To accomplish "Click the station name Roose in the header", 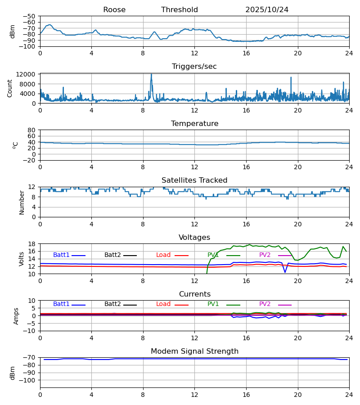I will coord(114,10).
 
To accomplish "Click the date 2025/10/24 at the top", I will coord(267,10).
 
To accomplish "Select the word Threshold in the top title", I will coord(180,10).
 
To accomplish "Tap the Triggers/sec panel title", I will coord(194,67).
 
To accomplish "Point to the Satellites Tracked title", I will coord(194,180).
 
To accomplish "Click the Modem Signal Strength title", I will coord(194,351).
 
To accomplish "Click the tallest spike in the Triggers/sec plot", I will coord(151,75).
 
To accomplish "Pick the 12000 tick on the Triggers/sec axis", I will coord(28,74).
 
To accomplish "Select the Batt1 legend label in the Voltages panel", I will coord(61,255).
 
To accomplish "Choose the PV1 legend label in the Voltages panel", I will coord(213,255).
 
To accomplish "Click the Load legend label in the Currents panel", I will coord(163,304).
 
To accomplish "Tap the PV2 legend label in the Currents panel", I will coord(265,304).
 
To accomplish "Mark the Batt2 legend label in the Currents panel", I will coord(112,304).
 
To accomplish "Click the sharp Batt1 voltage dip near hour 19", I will coord(285,272).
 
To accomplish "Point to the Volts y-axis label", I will coord(22,259).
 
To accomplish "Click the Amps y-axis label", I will coord(17,316).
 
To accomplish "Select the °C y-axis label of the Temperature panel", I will coord(16,145).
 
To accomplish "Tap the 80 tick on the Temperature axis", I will coord(31,130).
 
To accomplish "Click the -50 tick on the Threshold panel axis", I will coord(29,16).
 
